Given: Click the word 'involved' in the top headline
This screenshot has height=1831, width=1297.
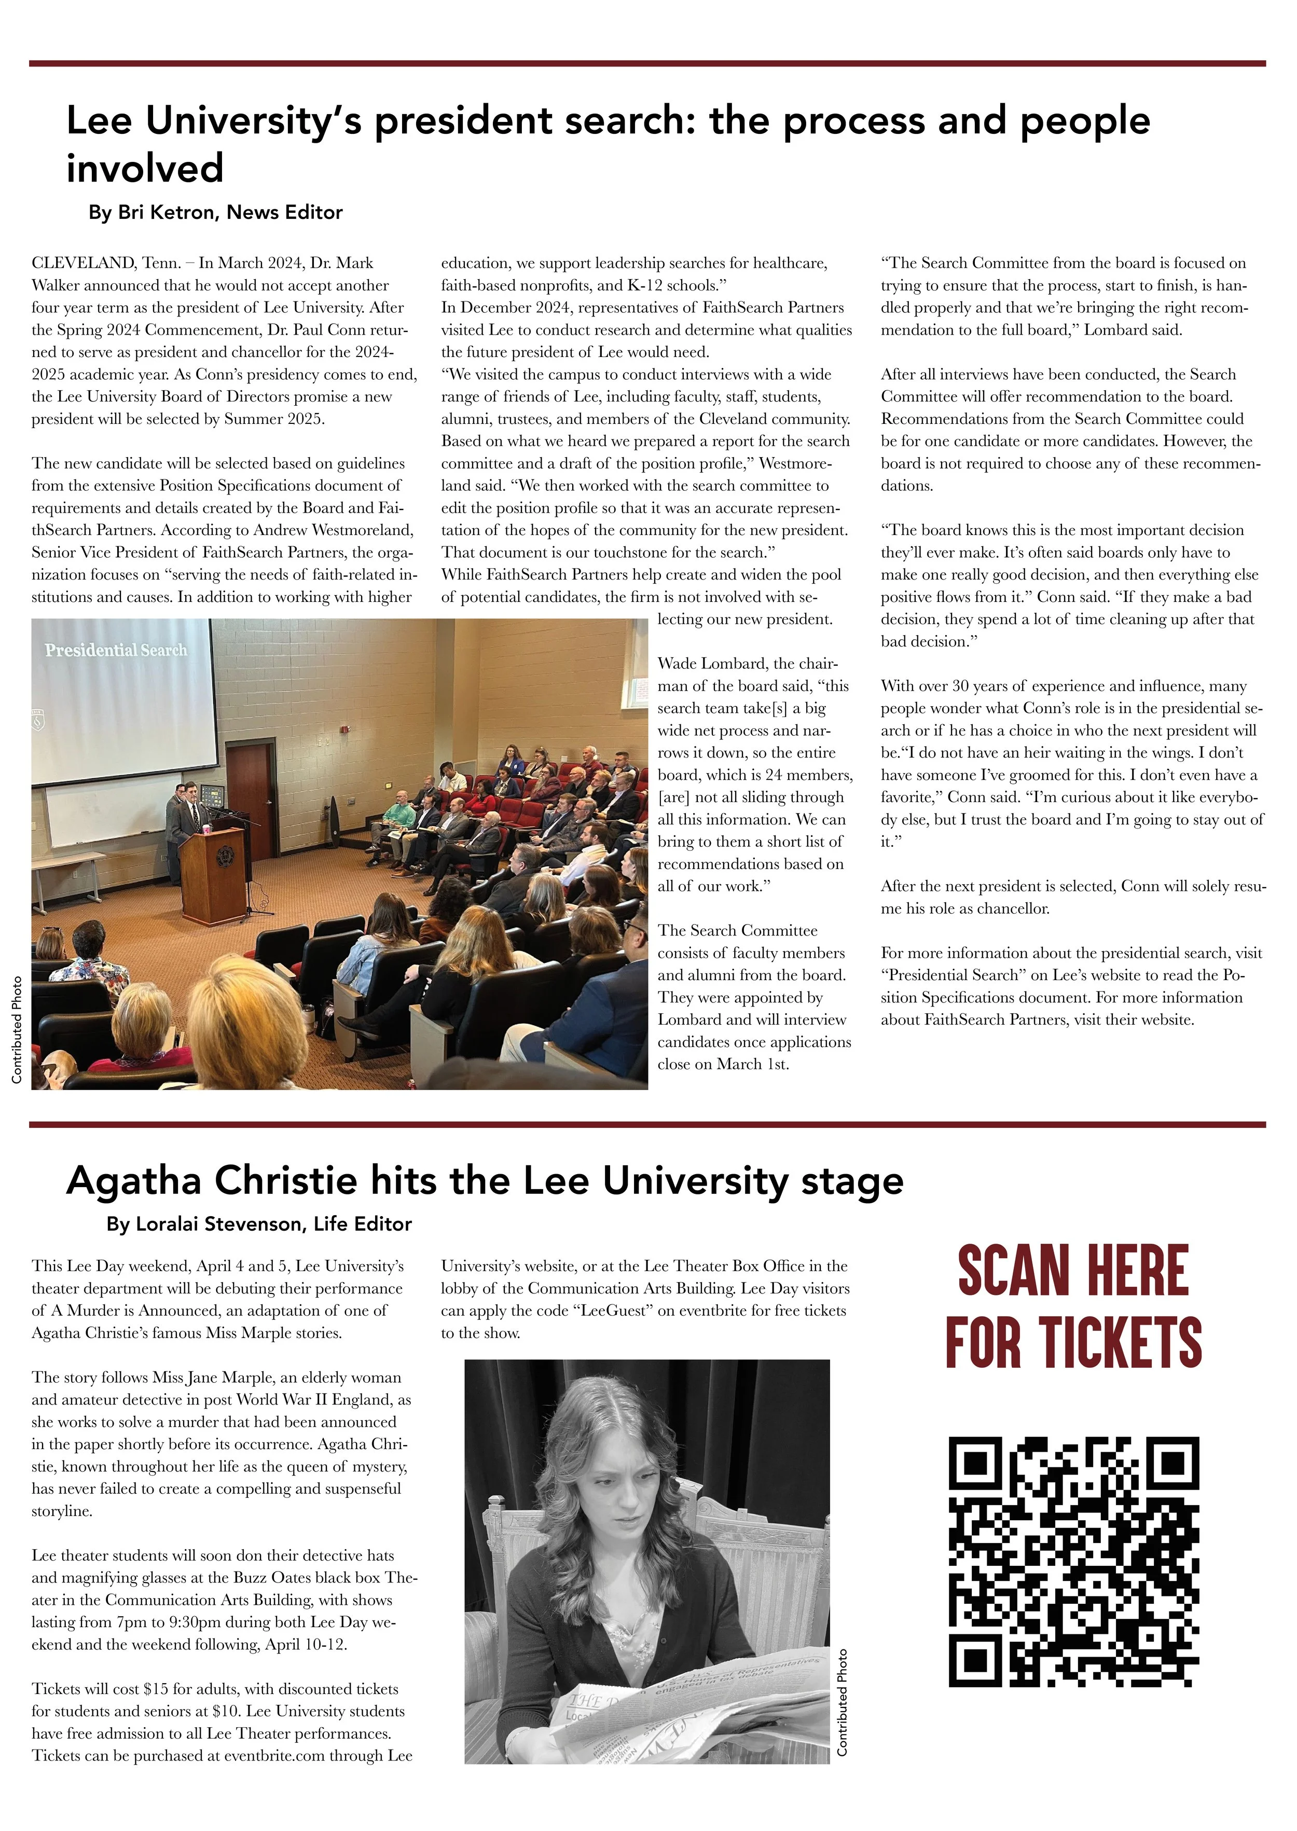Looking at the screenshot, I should pyautogui.click(x=145, y=169).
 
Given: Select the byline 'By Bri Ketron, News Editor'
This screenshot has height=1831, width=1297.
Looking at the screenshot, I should pyautogui.click(x=216, y=212).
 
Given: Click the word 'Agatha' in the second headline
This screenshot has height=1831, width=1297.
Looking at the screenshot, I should pyautogui.click(x=132, y=1181).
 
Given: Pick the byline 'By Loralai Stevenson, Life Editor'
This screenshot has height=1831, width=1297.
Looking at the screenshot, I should pyautogui.click(x=259, y=1224).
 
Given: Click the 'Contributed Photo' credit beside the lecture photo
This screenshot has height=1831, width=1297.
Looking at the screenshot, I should pyautogui.click(x=17, y=1029).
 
